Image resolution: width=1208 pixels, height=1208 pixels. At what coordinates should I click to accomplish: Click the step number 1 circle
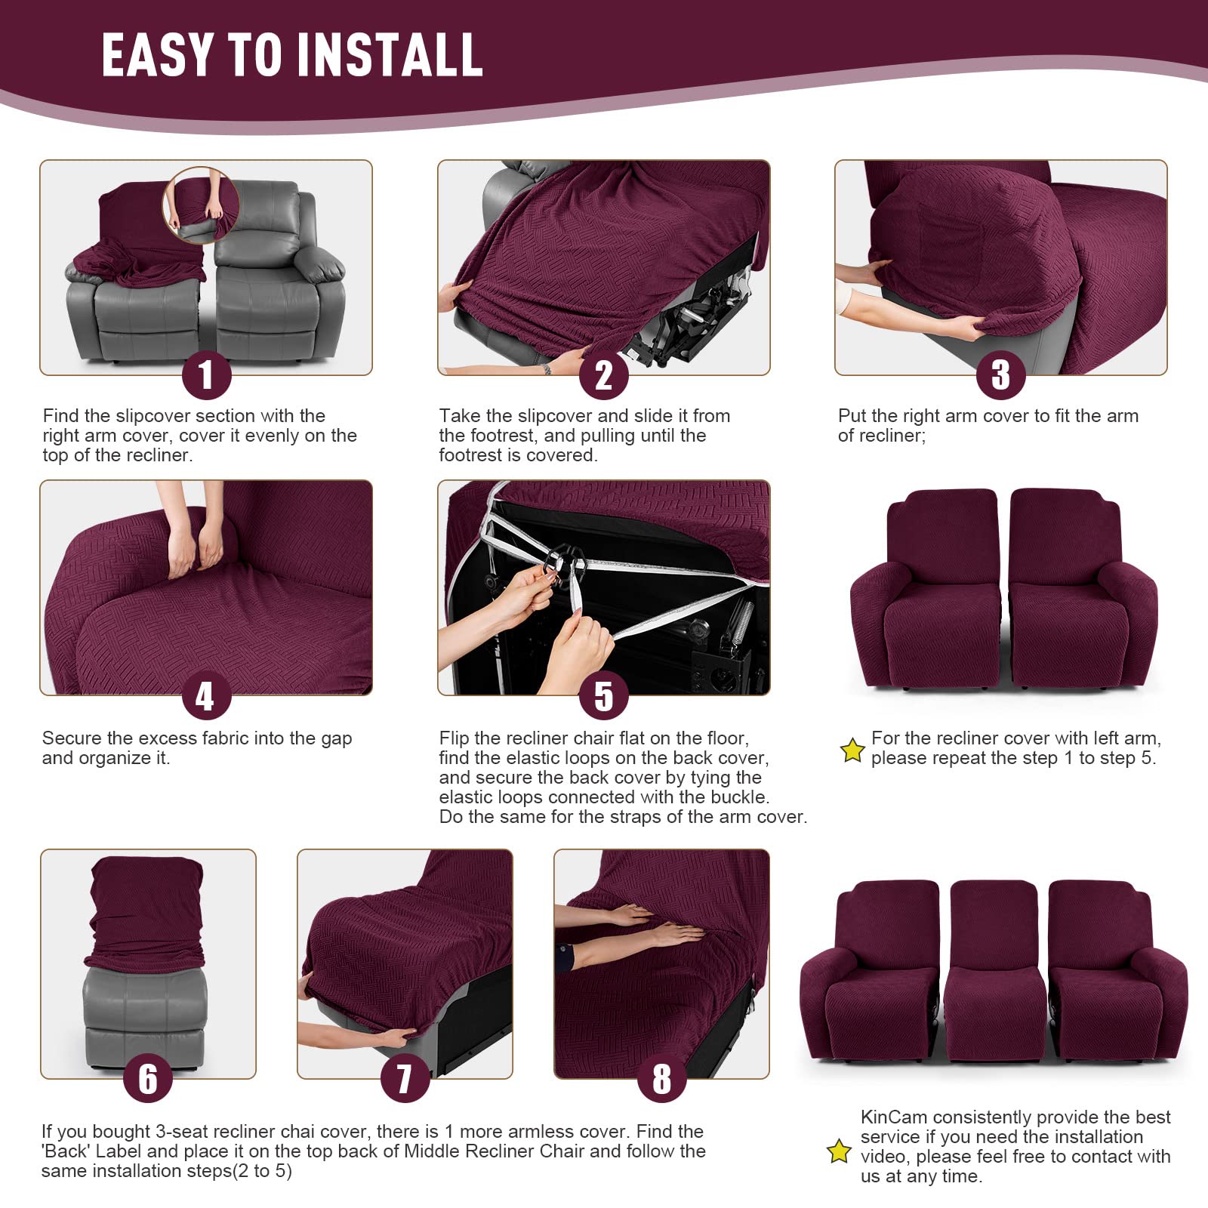pos(206,375)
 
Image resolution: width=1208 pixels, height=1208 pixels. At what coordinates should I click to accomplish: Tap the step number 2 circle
pos(603,375)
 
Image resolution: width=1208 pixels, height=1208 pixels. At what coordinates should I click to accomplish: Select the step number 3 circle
pos(1000,375)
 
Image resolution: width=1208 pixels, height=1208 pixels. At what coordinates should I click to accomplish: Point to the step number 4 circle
pos(206,696)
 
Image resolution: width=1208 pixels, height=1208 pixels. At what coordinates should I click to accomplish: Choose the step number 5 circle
pos(603,696)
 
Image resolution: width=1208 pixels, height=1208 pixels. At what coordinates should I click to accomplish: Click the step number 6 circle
pos(148,1078)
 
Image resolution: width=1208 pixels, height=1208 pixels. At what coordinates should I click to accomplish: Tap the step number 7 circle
pos(405,1078)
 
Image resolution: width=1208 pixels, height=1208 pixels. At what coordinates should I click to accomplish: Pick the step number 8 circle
pos(661,1078)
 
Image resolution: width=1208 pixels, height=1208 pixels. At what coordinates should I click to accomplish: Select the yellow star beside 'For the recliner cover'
pos(852,750)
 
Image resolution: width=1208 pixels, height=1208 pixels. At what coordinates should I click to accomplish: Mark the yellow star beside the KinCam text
pos(839,1151)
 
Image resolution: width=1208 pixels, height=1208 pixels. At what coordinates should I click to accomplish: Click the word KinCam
pos(893,1117)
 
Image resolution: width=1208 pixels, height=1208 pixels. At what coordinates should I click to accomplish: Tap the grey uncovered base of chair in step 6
pos(143,1015)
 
